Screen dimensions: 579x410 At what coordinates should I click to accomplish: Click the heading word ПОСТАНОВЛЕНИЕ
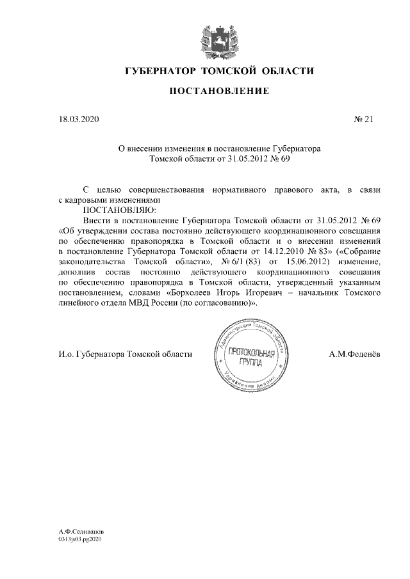point(219,92)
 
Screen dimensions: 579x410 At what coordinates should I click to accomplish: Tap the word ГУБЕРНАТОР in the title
point(160,70)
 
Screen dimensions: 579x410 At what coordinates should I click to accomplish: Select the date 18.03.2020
point(76,119)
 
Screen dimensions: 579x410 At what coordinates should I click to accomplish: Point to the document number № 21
point(363,119)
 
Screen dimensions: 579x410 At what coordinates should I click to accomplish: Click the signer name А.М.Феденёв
point(356,355)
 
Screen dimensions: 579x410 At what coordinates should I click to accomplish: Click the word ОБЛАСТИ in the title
point(286,70)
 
